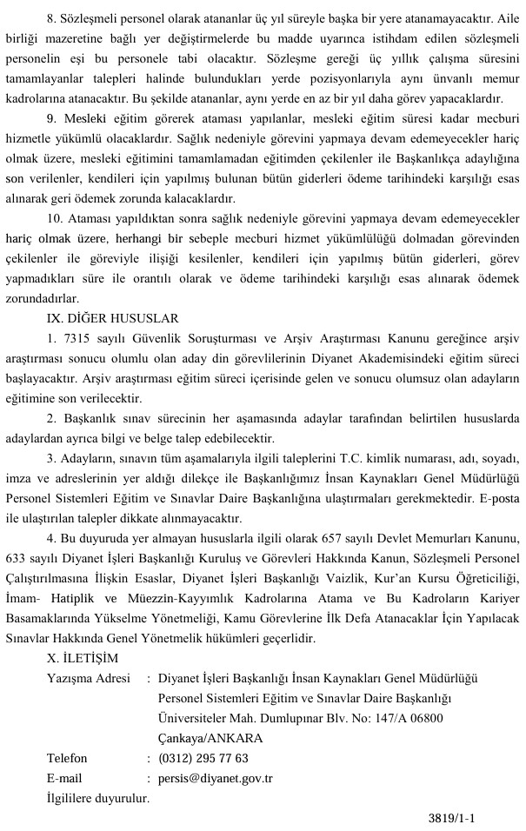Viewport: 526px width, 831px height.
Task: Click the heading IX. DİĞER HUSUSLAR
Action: [x=113, y=318]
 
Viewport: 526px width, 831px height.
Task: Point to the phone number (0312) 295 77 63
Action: [x=203, y=758]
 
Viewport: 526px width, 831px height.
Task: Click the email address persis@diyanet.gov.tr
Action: [x=216, y=778]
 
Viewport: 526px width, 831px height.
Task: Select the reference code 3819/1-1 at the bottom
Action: [x=453, y=818]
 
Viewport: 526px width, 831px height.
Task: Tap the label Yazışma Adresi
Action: [x=89, y=678]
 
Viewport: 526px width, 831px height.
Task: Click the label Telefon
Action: [x=67, y=758]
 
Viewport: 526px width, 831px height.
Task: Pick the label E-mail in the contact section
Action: [x=64, y=778]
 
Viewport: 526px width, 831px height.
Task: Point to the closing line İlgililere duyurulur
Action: [x=98, y=797]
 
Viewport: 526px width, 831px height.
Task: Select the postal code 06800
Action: [x=424, y=718]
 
